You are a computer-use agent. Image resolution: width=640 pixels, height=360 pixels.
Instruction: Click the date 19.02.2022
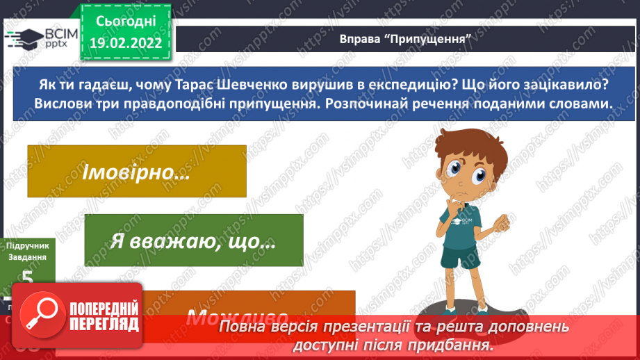tap(126, 42)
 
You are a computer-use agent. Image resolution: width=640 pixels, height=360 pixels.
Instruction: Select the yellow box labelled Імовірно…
tap(136, 171)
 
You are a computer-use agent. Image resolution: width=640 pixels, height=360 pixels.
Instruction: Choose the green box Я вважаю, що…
tap(194, 240)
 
